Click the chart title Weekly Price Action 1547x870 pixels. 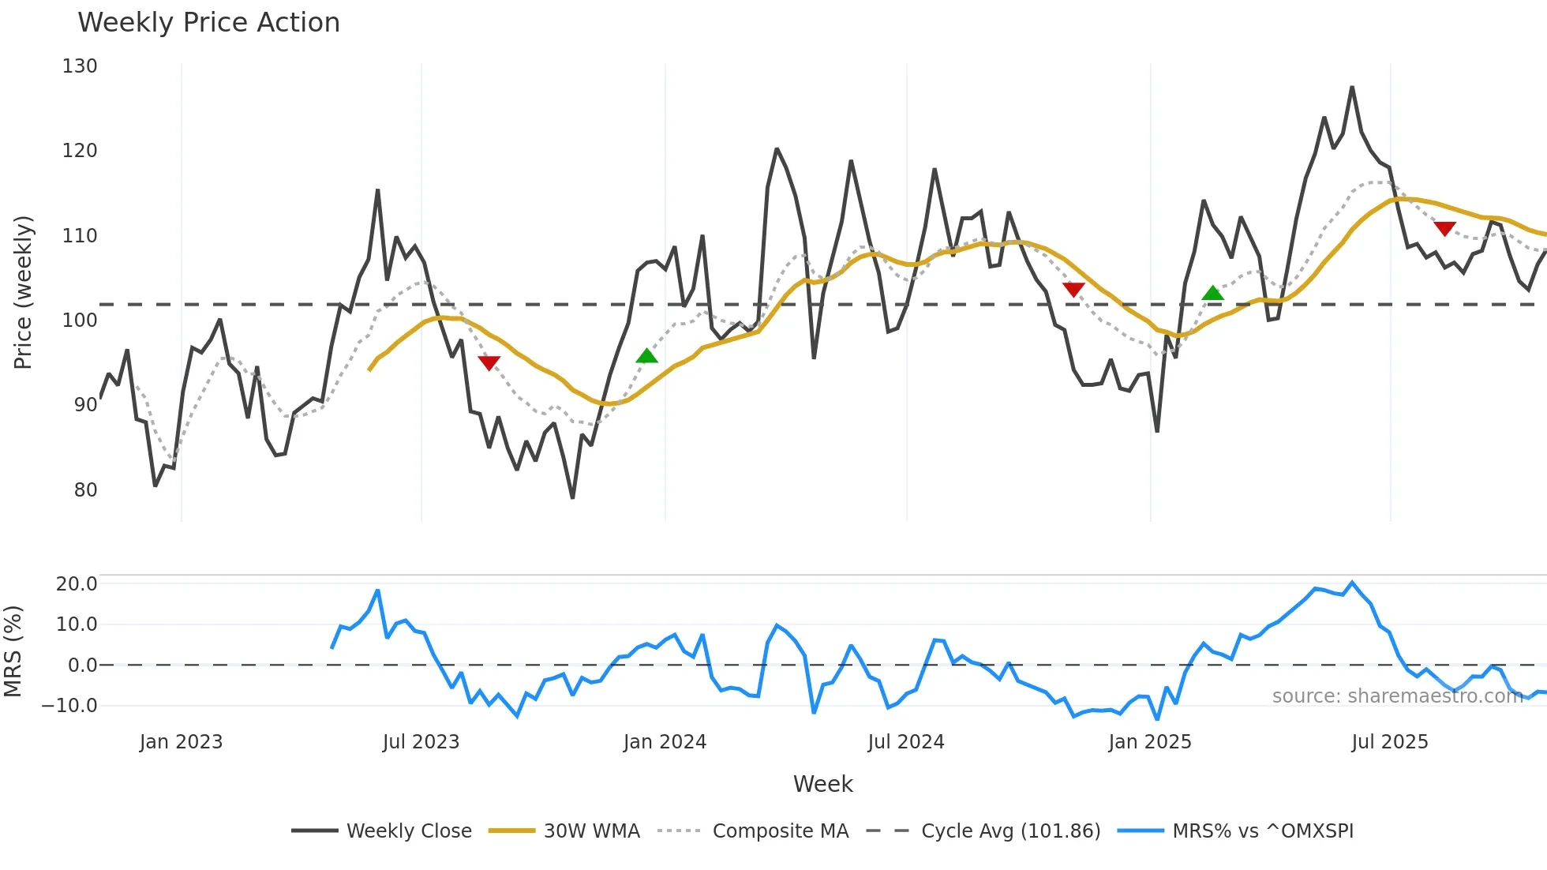click(x=208, y=23)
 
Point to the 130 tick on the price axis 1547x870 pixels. click(x=80, y=66)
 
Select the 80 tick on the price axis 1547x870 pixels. click(x=85, y=490)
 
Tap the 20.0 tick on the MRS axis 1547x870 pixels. click(x=77, y=584)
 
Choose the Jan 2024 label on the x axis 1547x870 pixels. click(x=665, y=742)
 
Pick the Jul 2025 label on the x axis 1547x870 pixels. click(x=1389, y=742)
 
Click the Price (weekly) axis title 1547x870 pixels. click(x=24, y=292)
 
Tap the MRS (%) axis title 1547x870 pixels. click(x=13, y=651)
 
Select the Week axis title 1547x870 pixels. click(x=822, y=784)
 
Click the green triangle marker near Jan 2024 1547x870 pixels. click(x=646, y=356)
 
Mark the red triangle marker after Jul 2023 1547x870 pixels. click(x=489, y=362)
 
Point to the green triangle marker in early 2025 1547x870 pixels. click(x=1212, y=294)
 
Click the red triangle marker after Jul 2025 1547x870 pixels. click(x=1444, y=228)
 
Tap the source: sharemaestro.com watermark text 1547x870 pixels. click(x=1397, y=696)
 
